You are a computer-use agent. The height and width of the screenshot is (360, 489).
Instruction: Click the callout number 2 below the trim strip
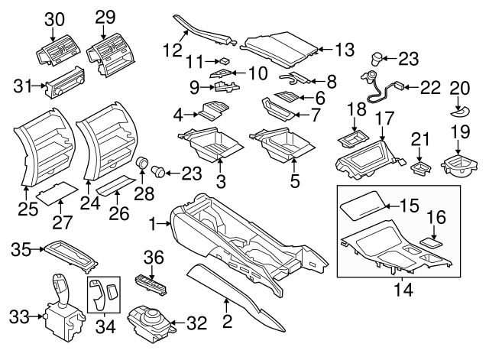[x=226, y=323]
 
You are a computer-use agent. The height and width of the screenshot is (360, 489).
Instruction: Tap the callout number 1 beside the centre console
[x=153, y=224]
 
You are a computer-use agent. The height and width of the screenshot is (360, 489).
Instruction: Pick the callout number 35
[x=21, y=248]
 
